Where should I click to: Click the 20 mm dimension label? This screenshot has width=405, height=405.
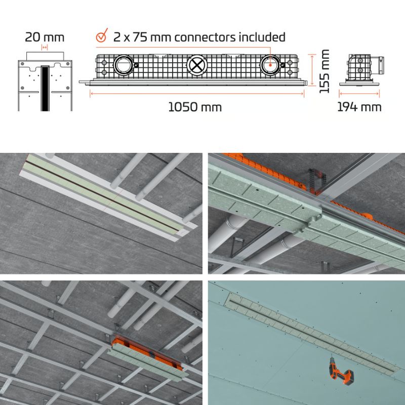(x=45, y=37)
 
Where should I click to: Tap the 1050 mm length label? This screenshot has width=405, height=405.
(x=195, y=107)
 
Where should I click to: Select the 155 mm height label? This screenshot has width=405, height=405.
(x=325, y=71)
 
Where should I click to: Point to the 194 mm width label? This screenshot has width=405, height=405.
(x=359, y=107)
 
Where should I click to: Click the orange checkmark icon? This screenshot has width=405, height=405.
(x=102, y=35)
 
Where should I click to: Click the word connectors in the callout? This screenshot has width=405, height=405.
(x=206, y=37)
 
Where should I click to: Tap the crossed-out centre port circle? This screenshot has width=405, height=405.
(x=196, y=65)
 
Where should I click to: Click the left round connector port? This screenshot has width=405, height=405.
(x=124, y=65)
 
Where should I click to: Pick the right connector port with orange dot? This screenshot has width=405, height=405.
(x=270, y=65)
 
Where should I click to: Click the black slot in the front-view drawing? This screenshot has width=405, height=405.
(x=45, y=89)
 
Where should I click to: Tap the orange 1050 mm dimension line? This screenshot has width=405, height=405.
(x=197, y=94)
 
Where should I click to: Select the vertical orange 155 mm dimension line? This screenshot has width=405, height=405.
(x=312, y=70)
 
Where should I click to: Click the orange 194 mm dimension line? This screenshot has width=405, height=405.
(x=359, y=94)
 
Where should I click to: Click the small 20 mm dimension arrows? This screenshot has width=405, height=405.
(x=45, y=48)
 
